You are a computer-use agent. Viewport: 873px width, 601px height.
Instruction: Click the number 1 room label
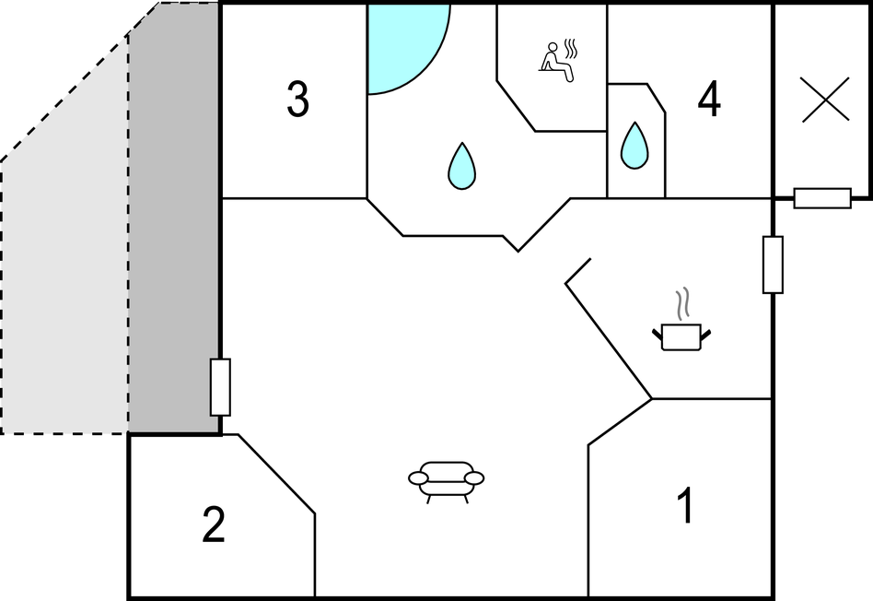click(x=686, y=505)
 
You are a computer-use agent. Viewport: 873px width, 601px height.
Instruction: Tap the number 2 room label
click(x=214, y=524)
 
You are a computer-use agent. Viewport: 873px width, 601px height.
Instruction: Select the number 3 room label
click(x=297, y=99)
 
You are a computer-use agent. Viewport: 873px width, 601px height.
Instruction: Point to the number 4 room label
click(x=709, y=99)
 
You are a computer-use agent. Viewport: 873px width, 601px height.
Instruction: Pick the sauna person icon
click(x=558, y=61)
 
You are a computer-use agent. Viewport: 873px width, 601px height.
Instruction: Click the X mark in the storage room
click(x=825, y=100)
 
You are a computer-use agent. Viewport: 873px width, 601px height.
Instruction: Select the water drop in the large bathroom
click(x=461, y=166)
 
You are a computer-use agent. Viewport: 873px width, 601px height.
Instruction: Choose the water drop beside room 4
click(x=634, y=146)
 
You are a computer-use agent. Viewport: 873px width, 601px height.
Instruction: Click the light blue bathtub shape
click(x=402, y=44)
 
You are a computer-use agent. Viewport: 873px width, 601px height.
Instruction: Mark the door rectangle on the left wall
click(x=220, y=387)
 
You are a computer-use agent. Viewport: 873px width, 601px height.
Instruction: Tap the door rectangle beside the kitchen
click(x=773, y=265)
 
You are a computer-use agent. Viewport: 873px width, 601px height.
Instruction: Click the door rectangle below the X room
click(x=822, y=198)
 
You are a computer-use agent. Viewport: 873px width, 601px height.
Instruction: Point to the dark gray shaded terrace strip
click(x=174, y=218)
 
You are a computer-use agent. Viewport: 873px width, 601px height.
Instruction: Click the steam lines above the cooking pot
click(x=682, y=304)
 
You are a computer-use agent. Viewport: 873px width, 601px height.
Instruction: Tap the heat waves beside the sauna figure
click(x=571, y=49)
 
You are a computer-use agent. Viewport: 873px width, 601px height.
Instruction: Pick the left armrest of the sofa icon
click(x=419, y=478)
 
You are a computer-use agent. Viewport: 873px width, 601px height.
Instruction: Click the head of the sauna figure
click(x=553, y=47)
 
